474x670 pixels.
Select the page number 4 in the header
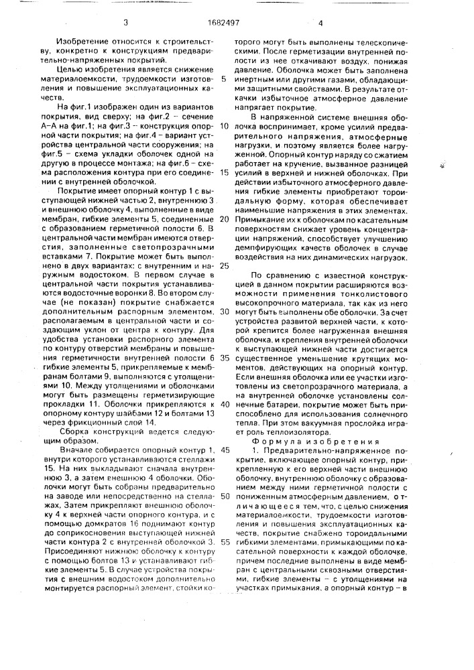click(320, 23)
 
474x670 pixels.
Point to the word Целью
click(69, 69)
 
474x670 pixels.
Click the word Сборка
click(76, 432)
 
